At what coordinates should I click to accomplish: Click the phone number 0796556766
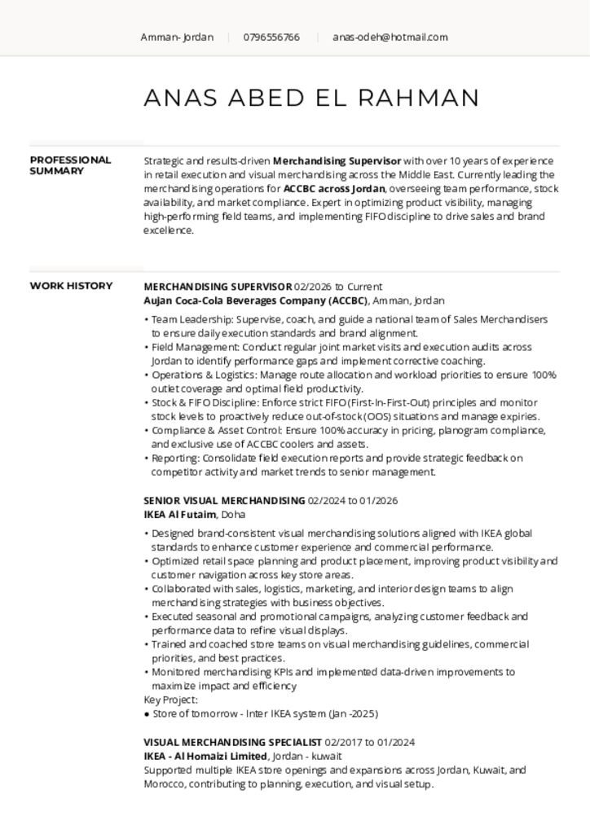pos(271,37)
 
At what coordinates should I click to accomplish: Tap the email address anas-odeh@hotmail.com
pos(390,37)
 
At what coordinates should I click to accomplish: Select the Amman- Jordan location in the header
pos(177,37)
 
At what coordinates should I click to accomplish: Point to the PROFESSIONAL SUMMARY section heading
pos(70,165)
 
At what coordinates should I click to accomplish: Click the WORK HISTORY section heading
pos(71,286)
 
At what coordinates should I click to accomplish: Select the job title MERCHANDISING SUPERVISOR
pos(218,287)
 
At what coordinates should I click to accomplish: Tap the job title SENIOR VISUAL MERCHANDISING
pos(224,501)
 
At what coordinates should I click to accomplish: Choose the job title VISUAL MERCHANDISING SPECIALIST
pos(232,743)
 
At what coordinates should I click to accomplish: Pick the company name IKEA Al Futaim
pos(179,515)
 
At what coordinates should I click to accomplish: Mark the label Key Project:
pos(170,700)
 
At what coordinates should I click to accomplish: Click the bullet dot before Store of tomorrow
pos(147,714)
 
